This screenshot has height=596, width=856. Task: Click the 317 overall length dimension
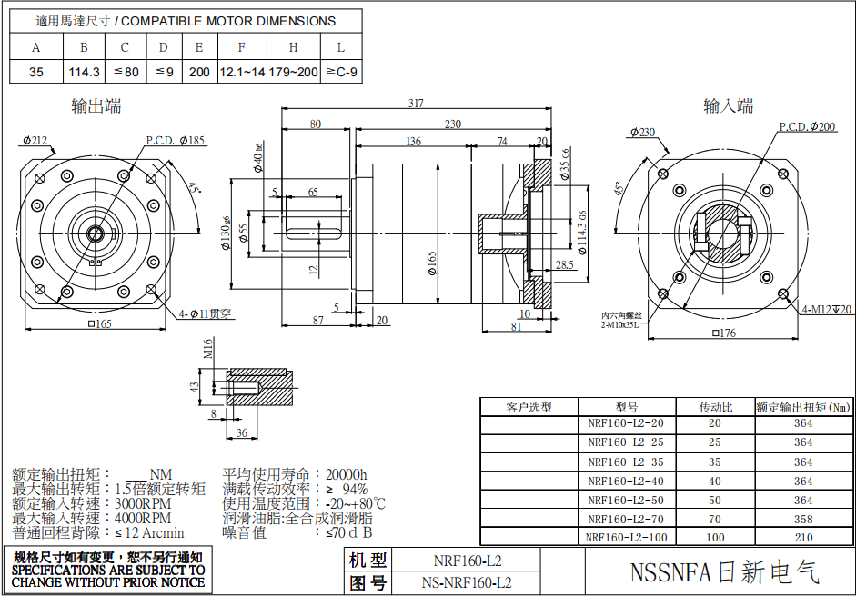click(416, 104)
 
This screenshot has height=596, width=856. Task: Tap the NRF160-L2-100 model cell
click(626, 537)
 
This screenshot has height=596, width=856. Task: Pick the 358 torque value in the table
click(803, 519)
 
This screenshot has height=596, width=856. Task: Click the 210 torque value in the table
click(803, 537)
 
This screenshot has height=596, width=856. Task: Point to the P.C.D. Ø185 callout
click(175, 141)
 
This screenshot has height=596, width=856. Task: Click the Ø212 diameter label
click(34, 141)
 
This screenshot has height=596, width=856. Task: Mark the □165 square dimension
click(98, 324)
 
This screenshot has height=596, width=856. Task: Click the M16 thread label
click(208, 348)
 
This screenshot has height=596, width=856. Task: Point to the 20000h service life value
click(347, 474)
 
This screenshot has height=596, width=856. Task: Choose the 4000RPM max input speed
click(143, 518)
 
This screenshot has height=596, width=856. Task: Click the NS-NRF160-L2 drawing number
click(467, 581)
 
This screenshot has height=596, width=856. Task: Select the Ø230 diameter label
click(641, 132)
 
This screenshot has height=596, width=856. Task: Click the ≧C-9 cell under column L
click(341, 72)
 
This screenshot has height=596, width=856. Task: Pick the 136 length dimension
click(413, 141)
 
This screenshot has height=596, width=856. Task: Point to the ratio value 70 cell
click(714, 519)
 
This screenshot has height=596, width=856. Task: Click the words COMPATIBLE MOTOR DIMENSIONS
click(228, 21)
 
